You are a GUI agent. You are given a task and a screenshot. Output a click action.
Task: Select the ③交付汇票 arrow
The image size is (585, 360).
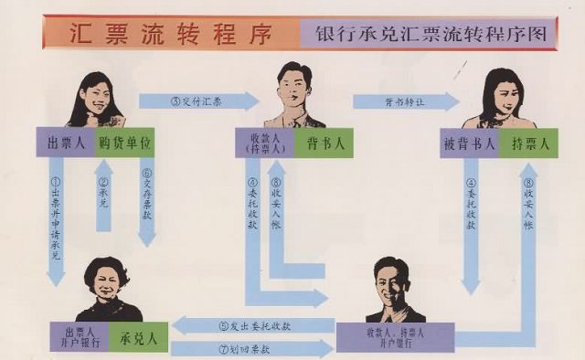point(197,101)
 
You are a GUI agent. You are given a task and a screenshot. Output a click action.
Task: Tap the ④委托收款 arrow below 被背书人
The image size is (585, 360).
point(470,224)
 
